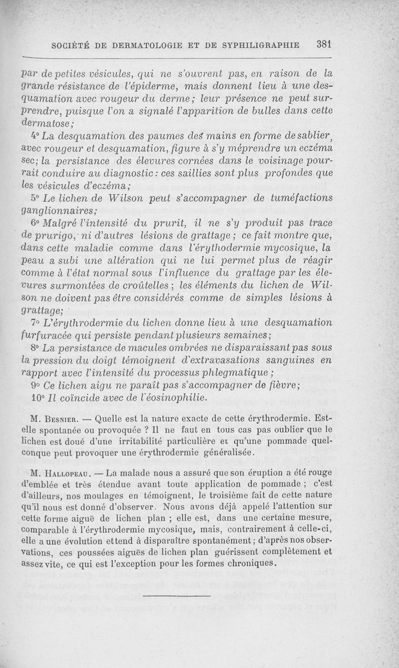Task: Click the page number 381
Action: [x=324, y=44]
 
